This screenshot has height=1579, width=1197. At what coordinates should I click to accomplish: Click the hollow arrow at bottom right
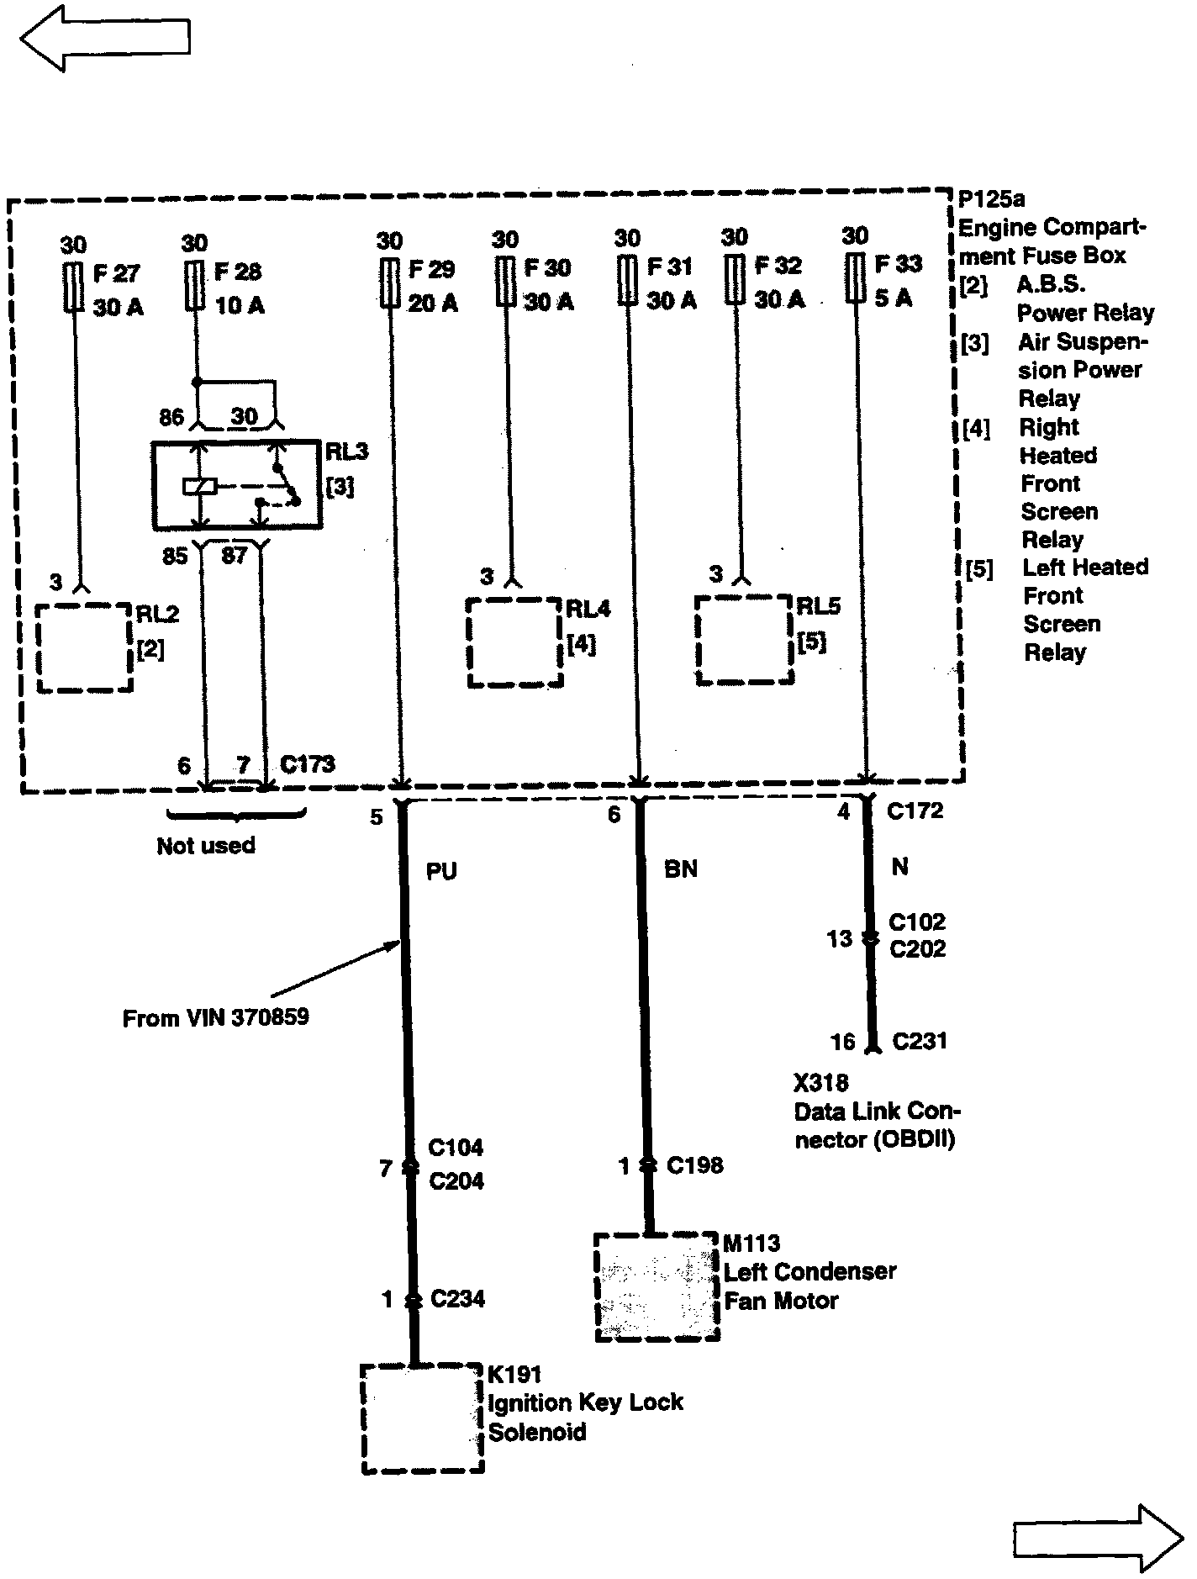click(x=1098, y=1539)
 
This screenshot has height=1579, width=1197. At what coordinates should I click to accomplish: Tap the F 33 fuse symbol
click(x=856, y=280)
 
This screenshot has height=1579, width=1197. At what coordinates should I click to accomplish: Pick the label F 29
click(x=431, y=270)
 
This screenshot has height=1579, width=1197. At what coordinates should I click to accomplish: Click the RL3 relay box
click(x=236, y=485)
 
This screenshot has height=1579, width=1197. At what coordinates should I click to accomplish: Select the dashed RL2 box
click(x=84, y=648)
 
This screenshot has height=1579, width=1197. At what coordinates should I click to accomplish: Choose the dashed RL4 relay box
click(x=514, y=642)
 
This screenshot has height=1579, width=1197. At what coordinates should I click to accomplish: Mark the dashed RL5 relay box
click(x=744, y=640)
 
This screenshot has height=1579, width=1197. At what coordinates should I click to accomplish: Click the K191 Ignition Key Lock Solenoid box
click(x=422, y=1418)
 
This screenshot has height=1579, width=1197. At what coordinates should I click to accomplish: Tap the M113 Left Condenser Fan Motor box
click(x=657, y=1286)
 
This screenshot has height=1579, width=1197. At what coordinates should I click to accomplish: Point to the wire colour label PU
click(x=441, y=871)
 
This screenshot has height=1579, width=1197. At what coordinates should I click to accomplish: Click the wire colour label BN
click(x=680, y=869)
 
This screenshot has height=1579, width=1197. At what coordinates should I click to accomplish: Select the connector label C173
click(x=307, y=764)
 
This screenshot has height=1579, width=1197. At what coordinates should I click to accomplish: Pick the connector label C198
click(x=694, y=1165)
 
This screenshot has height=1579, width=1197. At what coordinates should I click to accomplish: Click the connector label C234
click(x=457, y=1299)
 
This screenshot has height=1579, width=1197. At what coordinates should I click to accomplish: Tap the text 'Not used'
click(x=206, y=846)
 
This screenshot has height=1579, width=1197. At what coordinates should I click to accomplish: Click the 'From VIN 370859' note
click(x=215, y=1018)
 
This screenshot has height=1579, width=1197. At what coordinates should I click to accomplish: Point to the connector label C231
click(x=920, y=1041)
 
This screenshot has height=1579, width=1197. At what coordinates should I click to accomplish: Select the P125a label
click(x=992, y=199)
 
